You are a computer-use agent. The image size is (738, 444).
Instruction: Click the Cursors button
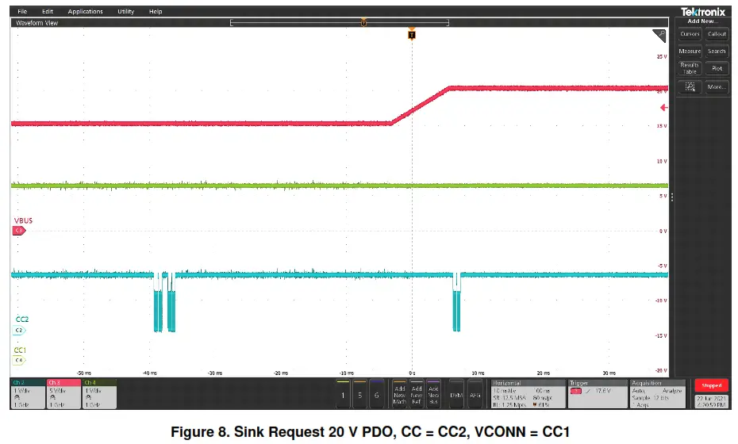pos(690,34)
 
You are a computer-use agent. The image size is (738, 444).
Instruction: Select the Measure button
pos(690,52)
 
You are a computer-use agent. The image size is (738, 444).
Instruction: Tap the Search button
pos(717,52)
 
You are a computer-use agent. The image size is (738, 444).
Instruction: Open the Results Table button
pos(690,69)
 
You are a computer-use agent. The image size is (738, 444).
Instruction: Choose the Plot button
pos(717,69)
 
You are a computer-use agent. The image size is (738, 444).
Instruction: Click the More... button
pos(717,86)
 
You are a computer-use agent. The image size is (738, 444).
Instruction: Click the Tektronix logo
pos(702,12)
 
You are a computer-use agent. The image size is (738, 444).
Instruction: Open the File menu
pos(21,12)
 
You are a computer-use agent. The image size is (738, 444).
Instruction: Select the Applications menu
pos(85,12)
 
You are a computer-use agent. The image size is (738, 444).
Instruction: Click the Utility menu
pos(125,12)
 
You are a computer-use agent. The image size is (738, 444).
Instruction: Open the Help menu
pos(156,12)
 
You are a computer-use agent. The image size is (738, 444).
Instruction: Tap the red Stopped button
pos(711,385)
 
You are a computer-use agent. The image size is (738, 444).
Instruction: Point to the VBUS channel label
pos(23,220)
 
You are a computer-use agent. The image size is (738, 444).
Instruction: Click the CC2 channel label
pos(21,320)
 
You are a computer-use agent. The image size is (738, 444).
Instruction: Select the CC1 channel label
pos(21,350)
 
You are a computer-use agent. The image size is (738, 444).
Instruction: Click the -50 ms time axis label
pos(83,372)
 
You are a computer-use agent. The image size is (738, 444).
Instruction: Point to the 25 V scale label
pos(660,57)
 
